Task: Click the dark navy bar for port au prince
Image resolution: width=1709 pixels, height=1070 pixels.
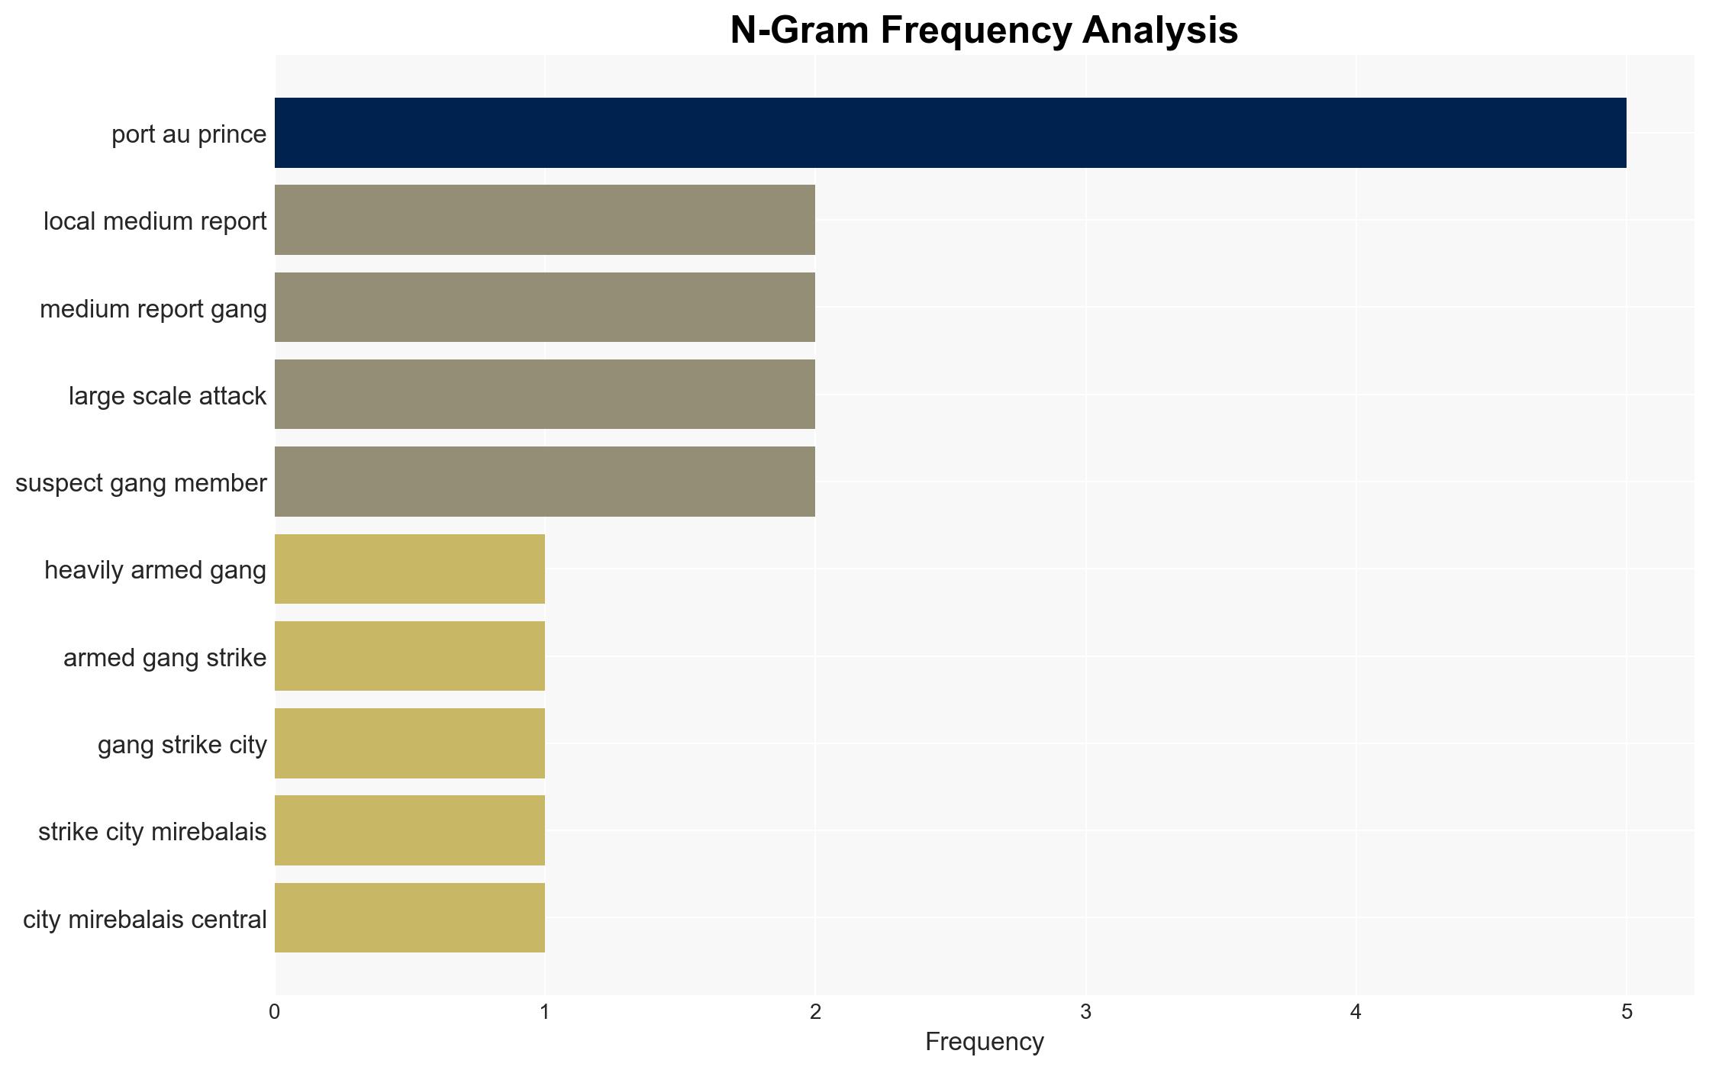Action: (x=950, y=133)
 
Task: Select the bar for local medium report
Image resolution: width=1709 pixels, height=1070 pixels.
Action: (x=545, y=220)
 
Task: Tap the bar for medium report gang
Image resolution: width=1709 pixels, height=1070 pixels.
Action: (x=545, y=308)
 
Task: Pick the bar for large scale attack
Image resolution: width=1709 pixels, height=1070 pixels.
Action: (x=545, y=395)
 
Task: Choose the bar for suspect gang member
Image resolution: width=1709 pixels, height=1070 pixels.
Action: (x=545, y=482)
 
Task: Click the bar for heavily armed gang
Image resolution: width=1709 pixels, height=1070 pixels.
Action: (x=410, y=569)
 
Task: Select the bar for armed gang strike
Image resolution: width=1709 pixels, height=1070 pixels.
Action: (x=410, y=656)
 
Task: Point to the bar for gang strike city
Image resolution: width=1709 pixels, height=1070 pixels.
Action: (x=410, y=743)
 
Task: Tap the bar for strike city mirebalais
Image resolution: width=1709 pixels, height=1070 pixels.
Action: (x=410, y=830)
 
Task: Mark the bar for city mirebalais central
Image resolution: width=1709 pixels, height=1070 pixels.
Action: (x=410, y=918)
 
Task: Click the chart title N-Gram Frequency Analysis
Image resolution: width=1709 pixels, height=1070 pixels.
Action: (x=984, y=31)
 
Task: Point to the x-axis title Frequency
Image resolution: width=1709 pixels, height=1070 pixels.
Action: (x=984, y=1042)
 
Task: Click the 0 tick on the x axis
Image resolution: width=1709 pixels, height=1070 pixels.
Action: (x=275, y=1012)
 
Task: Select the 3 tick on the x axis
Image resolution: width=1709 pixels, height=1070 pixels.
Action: (x=1085, y=1012)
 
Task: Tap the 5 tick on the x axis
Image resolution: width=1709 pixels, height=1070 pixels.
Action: (x=1627, y=1012)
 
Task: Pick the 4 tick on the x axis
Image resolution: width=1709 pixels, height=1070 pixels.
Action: (x=1356, y=1012)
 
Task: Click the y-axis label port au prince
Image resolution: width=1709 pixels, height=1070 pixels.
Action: (x=189, y=134)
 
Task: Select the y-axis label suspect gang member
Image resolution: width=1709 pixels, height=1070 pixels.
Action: (x=141, y=483)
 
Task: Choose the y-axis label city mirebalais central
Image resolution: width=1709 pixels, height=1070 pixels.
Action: (x=145, y=920)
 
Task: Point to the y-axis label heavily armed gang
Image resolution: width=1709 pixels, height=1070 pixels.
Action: (x=156, y=571)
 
